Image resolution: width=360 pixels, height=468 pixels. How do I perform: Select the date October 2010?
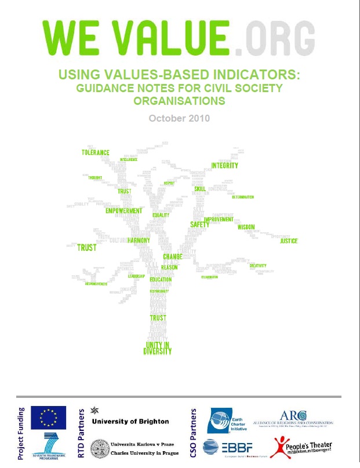[x=180, y=118]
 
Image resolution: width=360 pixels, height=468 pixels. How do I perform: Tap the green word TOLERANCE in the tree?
[x=96, y=152]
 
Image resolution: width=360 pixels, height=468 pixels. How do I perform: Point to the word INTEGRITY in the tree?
[x=225, y=166]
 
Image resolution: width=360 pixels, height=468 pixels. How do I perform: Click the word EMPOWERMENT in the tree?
[x=123, y=211]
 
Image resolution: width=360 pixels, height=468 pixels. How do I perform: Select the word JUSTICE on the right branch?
[x=289, y=241]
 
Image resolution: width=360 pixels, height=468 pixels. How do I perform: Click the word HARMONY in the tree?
[x=139, y=240]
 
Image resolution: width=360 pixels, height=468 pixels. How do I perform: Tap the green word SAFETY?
[x=200, y=224]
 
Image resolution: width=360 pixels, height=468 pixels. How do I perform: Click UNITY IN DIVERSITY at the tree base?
[x=158, y=348]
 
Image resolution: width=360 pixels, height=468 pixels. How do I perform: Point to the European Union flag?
[x=48, y=417]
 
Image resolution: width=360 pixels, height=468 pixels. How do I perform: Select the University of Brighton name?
[x=130, y=421]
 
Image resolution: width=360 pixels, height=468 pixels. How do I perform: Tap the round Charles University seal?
[x=101, y=449]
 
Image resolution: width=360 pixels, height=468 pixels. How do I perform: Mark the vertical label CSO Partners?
[x=195, y=434]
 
